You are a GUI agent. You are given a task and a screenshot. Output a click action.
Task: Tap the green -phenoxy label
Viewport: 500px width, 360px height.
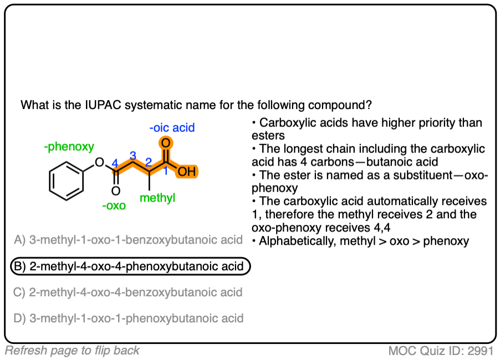coord(69,147)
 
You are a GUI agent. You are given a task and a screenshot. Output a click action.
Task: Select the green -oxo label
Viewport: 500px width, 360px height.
coord(114,206)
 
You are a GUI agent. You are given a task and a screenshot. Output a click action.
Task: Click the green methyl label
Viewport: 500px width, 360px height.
coord(157,198)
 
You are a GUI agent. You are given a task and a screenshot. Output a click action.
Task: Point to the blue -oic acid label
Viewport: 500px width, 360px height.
coord(172,128)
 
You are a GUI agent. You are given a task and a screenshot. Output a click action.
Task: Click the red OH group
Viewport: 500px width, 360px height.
coord(187,172)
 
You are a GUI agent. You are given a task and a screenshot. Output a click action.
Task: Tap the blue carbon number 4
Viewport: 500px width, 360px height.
coord(115,163)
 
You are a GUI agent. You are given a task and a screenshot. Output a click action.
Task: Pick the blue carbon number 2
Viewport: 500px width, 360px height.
coord(148,163)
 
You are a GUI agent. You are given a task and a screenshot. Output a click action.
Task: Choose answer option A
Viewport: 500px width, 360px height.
coord(128,240)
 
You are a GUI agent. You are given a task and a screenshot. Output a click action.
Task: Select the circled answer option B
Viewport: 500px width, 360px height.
coord(130,266)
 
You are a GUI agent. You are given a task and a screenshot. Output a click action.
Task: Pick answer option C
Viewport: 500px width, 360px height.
coord(128,292)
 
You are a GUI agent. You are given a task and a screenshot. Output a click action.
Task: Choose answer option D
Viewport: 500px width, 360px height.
coord(128,318)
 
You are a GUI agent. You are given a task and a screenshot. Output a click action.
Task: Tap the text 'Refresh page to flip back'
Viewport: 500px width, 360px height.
coord(72,350)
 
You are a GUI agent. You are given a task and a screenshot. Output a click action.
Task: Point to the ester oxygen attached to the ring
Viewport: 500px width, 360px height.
coord(99,162)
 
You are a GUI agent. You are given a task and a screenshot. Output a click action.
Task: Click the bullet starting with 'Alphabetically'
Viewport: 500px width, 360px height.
coord(360,241)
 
